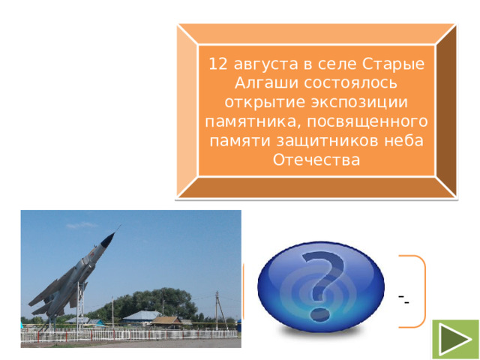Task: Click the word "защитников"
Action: click(x=333, y=141)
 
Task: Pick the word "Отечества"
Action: click(x=316, y=160)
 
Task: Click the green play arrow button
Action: click(x=454, y=339)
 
